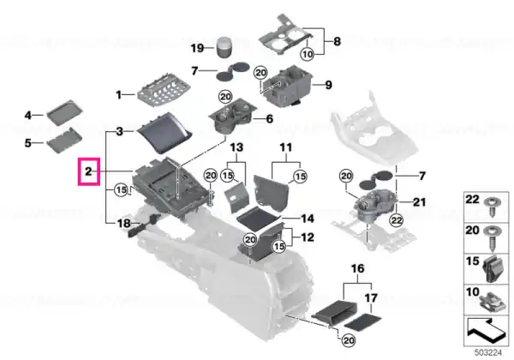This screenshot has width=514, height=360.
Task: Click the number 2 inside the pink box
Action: [x=88, y=171]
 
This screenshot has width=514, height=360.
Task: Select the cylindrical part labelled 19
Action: [x=224, y=48]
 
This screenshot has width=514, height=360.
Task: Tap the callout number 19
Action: [x=197, y=48]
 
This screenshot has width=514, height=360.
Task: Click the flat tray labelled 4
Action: [x=64, y=112]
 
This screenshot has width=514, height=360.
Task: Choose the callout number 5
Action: [x=28, y=143]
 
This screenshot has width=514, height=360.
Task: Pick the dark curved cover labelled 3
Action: [x=164, y=133]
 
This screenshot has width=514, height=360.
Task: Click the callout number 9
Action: [x=328, y=85]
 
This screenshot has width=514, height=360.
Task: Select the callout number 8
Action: [x=337, y=42]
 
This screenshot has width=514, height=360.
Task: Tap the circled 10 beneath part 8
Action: [x=308, y=54]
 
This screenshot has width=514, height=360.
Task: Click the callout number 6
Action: [x=270, y=118]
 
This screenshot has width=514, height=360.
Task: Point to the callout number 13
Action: [x=236, y=147]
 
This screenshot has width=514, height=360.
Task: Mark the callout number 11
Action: [x=286, y=147]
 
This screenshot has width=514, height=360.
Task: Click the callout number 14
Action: [x=308, y=219]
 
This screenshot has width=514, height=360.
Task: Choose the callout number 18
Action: [x=124, y=224]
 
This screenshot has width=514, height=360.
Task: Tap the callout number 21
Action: [x=419, y=202]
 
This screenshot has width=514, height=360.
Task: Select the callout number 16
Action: [x=357, y=269]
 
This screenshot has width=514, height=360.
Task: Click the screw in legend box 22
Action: [x=492, y=206]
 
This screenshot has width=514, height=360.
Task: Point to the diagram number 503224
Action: [x=488, y=353]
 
